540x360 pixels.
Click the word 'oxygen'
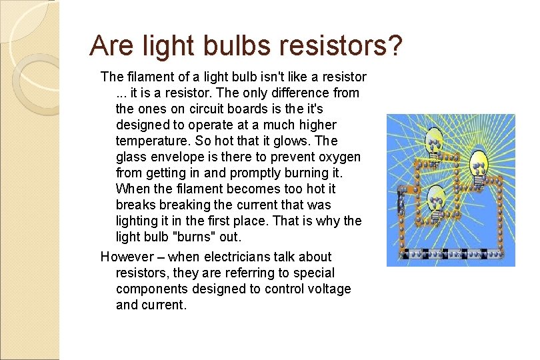pyautogui.click(x=340, y=157)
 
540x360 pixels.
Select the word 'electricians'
pyautogui.click(x=238, y=257)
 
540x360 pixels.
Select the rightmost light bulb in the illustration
pyautogui.click(x=479, y=163)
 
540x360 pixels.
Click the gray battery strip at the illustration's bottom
pyautogui.click(x=451, y=254)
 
